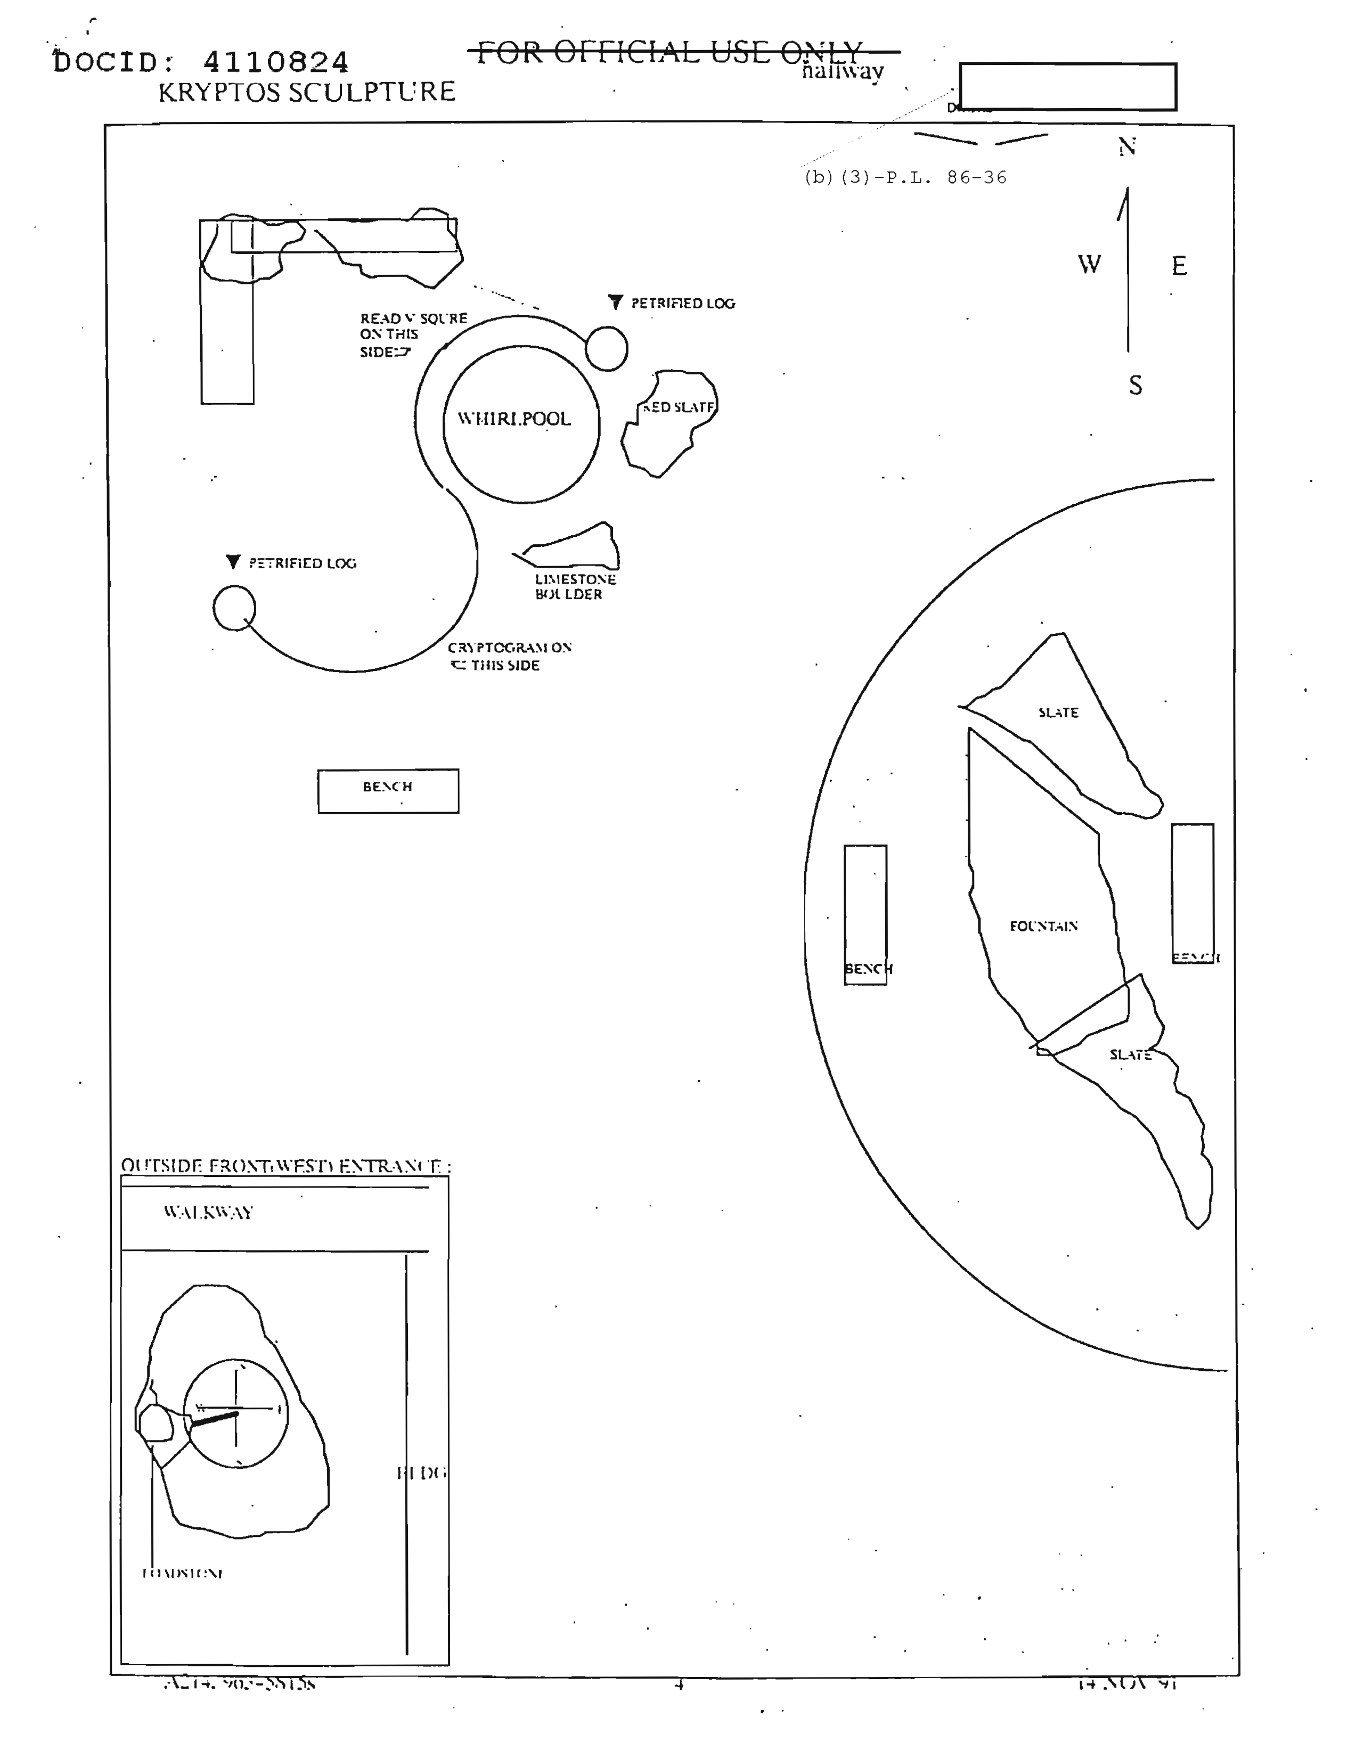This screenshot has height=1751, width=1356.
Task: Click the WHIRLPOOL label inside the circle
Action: click(514, 419)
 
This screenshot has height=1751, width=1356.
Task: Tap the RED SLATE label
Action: click(679, 407)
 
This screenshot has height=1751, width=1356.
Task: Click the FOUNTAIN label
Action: click(1043, 926)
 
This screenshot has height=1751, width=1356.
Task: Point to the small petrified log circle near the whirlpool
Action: click(606, 349)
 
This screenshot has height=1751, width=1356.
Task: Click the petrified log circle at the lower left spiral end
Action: click(234, 608)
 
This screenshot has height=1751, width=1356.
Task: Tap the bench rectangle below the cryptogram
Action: click(388, 791)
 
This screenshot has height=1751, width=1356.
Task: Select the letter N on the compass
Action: click(1126, 147)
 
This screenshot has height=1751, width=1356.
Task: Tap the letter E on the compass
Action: click(1178, 266)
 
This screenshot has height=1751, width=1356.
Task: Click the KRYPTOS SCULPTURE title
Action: click(306, 92)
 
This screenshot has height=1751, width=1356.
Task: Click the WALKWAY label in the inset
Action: click(208, 1212)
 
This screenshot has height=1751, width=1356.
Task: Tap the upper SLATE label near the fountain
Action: click(1058, 712)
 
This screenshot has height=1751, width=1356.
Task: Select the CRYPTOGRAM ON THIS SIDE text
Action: click(509, 656)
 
